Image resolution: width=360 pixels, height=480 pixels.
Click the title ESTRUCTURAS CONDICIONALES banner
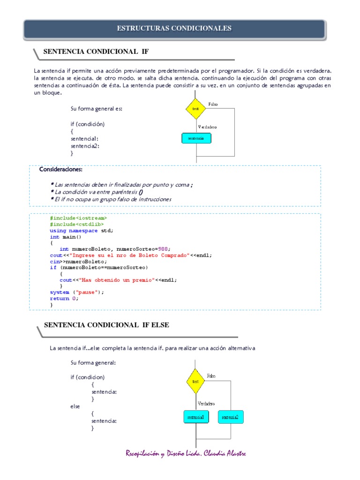tap(174, 29)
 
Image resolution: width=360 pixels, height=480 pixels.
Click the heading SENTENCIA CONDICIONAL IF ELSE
tap(106, 325)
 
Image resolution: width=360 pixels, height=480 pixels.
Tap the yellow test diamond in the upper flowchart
tap(196, 109)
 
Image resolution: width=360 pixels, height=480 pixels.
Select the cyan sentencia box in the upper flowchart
tap(196, 138)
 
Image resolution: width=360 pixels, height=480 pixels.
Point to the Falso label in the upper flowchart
tap(213, 104)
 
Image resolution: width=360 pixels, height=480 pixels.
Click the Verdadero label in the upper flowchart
tap(208, 127)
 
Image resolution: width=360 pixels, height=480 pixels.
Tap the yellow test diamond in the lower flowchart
tap(196, 382)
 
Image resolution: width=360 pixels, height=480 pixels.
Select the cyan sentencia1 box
tap(196, 417)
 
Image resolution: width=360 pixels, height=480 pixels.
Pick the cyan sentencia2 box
tap(230, 417)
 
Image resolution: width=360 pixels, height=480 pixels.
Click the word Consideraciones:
tap(61, 169)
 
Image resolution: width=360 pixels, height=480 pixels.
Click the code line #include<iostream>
tap(78, 218)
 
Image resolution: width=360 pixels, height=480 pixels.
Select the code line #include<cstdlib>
tap(77, 225)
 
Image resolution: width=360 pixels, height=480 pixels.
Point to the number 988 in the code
tap(164, 249)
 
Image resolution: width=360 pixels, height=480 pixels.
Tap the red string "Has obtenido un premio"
tap(115, 280)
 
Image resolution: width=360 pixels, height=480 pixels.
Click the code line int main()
tap(66, 237)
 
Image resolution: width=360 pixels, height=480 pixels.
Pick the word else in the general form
tap(75, 406)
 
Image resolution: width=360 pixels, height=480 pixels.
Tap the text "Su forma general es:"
tap(96, 109)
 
